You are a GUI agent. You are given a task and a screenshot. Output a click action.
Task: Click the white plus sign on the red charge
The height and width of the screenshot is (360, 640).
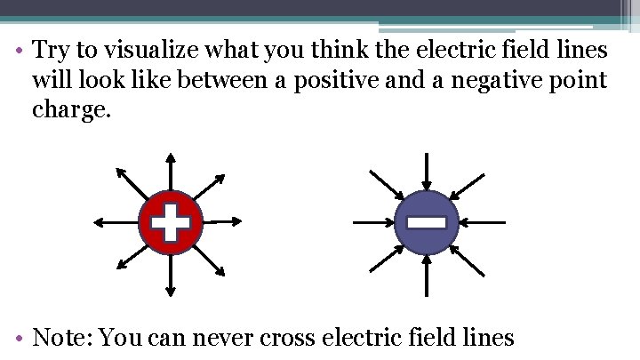pos(171,222)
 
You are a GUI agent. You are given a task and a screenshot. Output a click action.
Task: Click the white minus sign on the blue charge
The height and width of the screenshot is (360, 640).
pos(427,222)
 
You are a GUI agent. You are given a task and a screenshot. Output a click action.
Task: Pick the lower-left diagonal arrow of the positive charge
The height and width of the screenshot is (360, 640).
pos(132,260)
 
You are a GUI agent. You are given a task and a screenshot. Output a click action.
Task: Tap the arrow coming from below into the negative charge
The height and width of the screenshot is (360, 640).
pos(427,274)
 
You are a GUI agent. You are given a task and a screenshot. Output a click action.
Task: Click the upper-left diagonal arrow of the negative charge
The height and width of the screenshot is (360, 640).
pos(387,184)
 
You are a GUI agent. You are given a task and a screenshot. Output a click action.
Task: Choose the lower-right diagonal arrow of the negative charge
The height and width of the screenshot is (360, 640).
pos(467,260)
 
